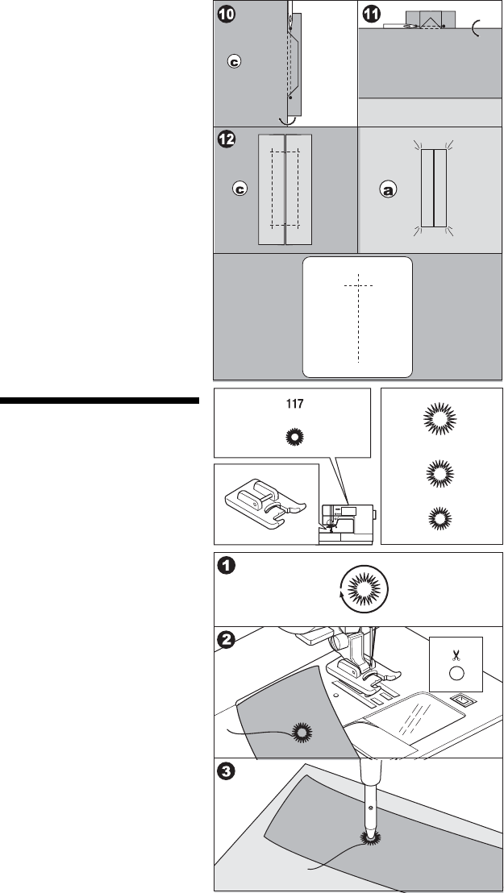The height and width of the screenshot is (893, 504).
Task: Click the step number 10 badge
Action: click(227, 16)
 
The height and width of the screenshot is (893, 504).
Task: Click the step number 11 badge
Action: click(371, 16)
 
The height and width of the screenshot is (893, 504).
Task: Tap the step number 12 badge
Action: click(227, 139)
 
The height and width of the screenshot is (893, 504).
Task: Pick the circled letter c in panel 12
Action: click(238, 189)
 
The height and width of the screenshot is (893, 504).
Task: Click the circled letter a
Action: click(388, 190)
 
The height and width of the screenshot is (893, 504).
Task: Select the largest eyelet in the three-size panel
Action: click(440, 422)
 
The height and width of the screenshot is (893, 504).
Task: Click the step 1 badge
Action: click(227, 567)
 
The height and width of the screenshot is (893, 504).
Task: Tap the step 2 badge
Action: click(227, 640)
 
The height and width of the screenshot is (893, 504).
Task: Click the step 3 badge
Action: click(227, 773)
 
